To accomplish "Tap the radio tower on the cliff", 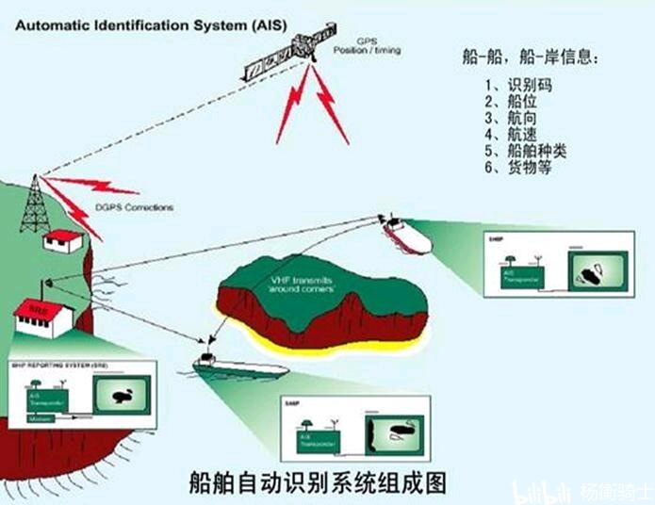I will click(x=35, y=204).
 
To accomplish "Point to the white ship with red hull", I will click(x=406, y=235).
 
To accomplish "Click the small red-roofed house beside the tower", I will click(x=65, y=241).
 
